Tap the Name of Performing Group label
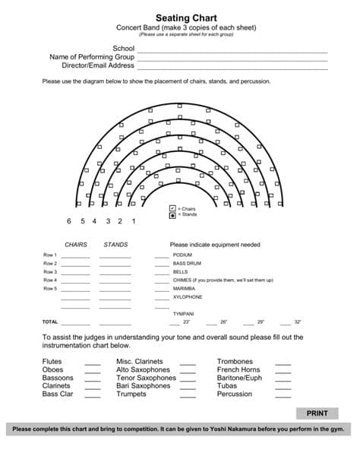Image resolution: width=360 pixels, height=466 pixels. (92, 57)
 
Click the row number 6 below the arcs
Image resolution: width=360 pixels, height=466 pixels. (69, 221)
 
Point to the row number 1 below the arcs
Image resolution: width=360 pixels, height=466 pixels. (134, 221)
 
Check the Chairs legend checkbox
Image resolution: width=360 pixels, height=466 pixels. (172, 208)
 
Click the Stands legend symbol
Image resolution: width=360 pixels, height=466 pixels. (172, 215)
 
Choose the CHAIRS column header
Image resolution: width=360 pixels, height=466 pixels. (76, 245)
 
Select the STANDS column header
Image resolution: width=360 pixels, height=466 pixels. (115, 245)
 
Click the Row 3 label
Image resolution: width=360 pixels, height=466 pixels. (50, 272)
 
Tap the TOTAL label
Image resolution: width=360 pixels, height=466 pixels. (50, 322)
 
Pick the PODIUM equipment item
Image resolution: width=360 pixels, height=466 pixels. (182, 255)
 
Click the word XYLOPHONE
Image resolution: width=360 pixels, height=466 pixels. (188, 297)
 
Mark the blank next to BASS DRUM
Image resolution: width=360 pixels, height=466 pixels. (162, 264)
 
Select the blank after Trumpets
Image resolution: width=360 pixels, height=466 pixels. (188, 395)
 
